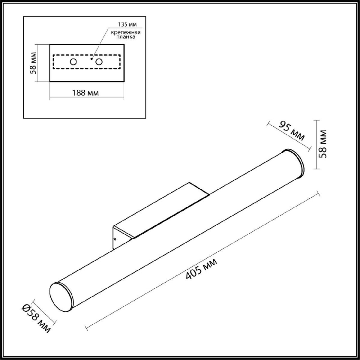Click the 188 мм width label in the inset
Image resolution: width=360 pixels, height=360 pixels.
(x=85, y=93)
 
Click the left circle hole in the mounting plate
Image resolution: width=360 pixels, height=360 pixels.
(x=73, y=62)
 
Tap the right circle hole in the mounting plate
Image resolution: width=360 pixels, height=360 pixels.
(x=99, y=62)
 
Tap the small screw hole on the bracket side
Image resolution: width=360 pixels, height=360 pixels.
(x=115, y=239)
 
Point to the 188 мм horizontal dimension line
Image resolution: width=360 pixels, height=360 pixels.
(x=87, y=97)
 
